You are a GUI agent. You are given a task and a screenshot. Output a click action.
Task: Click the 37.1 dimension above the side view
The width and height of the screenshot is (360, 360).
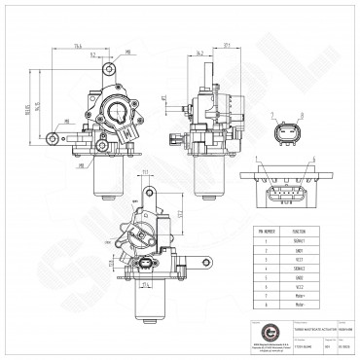pyautogui.click(x=225, y=46)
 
